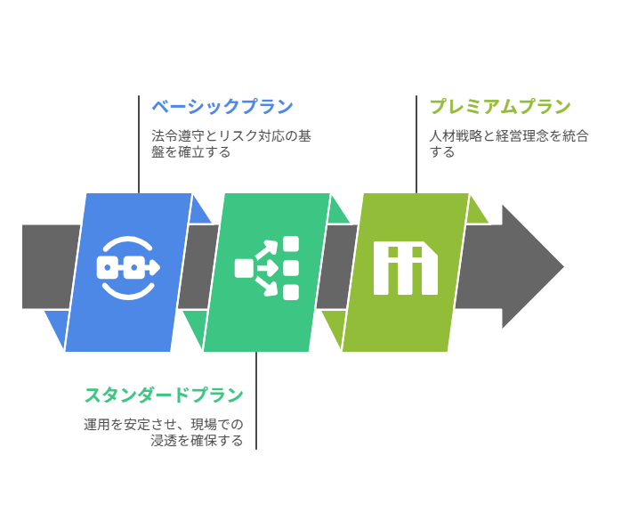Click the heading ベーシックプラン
(222, 107)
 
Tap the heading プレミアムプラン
(500, 107)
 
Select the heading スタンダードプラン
(164, 395)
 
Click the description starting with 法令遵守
(231, 144)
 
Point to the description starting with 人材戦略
(509, 144)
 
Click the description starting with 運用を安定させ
(164, 433)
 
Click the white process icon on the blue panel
(128, 268)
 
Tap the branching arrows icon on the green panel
(267, 268)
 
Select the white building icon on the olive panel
(406, 268)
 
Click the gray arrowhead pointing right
(530, 266)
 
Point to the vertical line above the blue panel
(139, 144)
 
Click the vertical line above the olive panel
(416, 144)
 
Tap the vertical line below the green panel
(256, 401)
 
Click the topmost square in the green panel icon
(291, 244)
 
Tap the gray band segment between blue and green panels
(198, 266)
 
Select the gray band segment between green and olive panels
(337, 266)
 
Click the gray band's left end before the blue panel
(51, 266)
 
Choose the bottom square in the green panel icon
(291, 292)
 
